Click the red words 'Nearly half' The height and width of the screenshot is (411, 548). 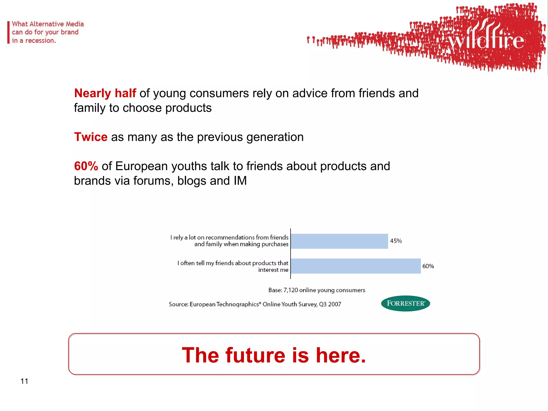pyautogui.click(x=105, y=93)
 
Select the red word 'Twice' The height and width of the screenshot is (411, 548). pyautogui.click(x=91, y=137)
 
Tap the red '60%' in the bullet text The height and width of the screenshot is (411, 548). pyautogui.click(x=86, y=166)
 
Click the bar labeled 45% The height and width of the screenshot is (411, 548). pyautogui.click(x=339, y=241)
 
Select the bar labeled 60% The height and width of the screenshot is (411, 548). pyautogui.click(x=356, y=266)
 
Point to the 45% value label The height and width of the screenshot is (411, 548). pyautogui.click(x=396, y=241)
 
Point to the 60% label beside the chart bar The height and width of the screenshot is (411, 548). pyautogui.click(x=428, y=266)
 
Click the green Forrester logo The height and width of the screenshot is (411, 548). pyautogui.click(x=405, y=303)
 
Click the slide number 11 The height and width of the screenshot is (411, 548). pyautogui.click(x=24, y=381)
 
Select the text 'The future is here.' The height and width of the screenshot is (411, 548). pyautogui.click(x=274, y=355)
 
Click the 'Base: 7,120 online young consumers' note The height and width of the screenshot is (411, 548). pyautogui.click(x=317, y=290)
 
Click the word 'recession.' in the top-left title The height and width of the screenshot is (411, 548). pyautogui.click(x=40, y=41)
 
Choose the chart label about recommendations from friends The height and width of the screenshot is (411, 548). pyautogui.click(x=229, y=241)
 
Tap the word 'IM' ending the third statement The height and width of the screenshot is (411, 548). pyautogui.click(x=240, y=181)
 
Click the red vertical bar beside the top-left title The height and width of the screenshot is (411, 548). pyautogui.click(x=8, y=32)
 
